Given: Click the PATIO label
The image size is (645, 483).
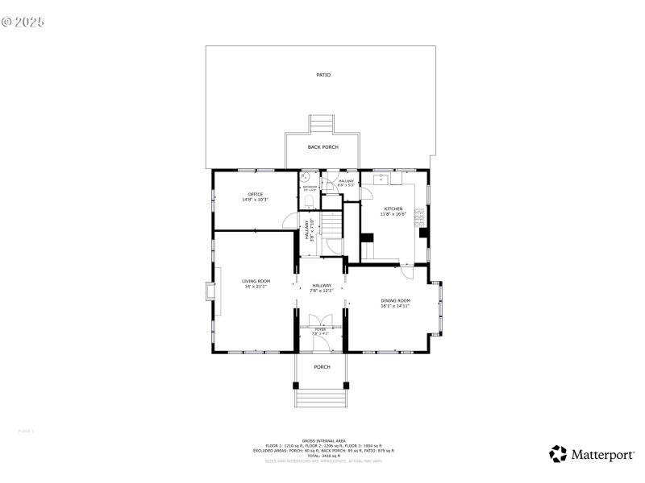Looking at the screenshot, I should point(322,75).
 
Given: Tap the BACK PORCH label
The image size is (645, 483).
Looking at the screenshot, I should point(322,147).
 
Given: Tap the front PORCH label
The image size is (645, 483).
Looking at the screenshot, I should point(322,367).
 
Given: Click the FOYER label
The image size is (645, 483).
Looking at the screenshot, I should point(321,330).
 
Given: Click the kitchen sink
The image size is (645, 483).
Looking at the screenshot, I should point(381,179).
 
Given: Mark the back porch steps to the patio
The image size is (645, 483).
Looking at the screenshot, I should point(322,125).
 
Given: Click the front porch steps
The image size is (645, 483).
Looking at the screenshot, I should point(322,397).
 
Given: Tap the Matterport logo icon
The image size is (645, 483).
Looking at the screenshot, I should point(558,454).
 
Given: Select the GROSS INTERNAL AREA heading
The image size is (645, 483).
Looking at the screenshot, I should point(322,440).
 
